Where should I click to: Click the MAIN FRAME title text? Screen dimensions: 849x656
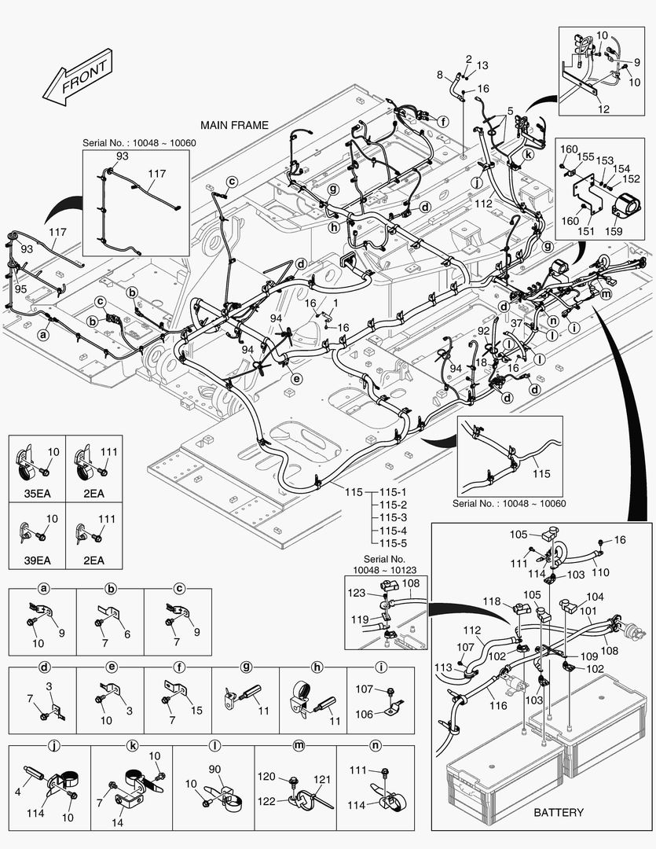[x=234, y=125]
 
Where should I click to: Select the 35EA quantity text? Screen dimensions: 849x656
[x=38, y=494]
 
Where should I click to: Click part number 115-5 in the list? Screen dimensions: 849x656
[x=393, y=543]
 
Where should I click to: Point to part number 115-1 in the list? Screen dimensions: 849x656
[x=393, y=492]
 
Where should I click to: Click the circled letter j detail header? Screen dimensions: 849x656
[x=55, y=744]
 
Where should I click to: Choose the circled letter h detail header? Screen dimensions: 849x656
[x=317, y=667]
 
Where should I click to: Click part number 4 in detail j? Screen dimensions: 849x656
[x=17, y=792]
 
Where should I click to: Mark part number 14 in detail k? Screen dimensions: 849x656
[x=117, y=822]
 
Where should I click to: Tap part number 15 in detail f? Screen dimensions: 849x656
[x=196, y=710]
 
